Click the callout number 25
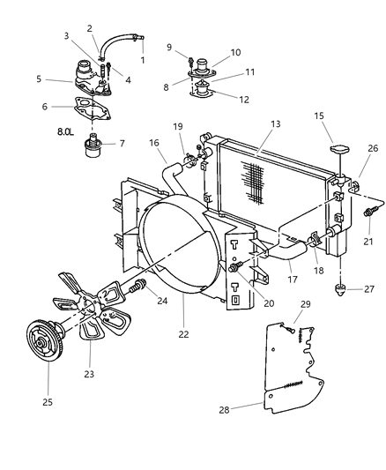[x=48, y=401]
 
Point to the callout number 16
[x=154, y=141]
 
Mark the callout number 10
[x=236, y=52]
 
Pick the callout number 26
[x=373, y=148]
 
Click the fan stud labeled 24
[x=137, y=287]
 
